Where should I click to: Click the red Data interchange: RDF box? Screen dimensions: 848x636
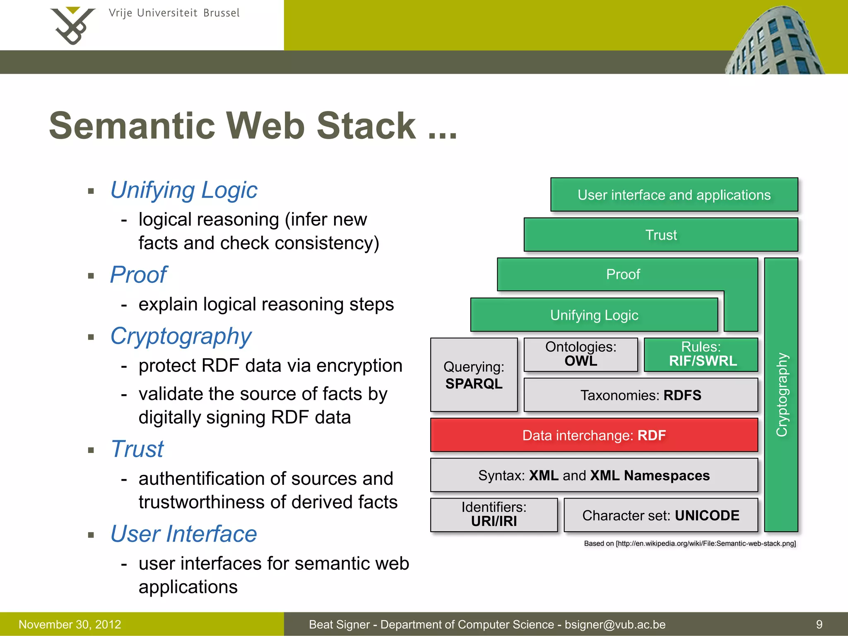tap(594, 435)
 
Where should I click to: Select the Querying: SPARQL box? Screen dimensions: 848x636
tap(474, 375)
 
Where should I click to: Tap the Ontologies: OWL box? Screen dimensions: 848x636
tap(581, 354)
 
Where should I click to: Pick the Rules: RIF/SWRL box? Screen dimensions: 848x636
tap(701, 354)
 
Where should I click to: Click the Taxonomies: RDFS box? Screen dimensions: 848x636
tap(641, 395)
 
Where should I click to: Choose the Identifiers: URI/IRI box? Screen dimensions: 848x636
tap(494, 515)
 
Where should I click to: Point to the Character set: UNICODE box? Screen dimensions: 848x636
tap(661, 515)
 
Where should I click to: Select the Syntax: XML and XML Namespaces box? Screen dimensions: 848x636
tap(594, 475)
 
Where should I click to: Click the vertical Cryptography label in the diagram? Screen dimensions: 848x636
tap(781, 395)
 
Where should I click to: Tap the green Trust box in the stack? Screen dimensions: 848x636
tap(661, 235)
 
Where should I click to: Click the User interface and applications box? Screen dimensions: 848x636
tap(674, 195)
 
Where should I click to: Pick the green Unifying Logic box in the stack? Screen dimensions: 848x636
tap(594, 315)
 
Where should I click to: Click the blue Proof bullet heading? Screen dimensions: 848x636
tap(138, 275)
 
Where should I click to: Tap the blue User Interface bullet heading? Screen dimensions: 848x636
tap(183, 534)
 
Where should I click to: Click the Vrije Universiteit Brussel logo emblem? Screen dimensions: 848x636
tap(73, 25)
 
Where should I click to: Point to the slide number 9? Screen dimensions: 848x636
tap(819, 624)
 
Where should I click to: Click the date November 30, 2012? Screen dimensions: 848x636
tap(70, 624)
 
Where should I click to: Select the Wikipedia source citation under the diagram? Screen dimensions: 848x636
tap(690, 543)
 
